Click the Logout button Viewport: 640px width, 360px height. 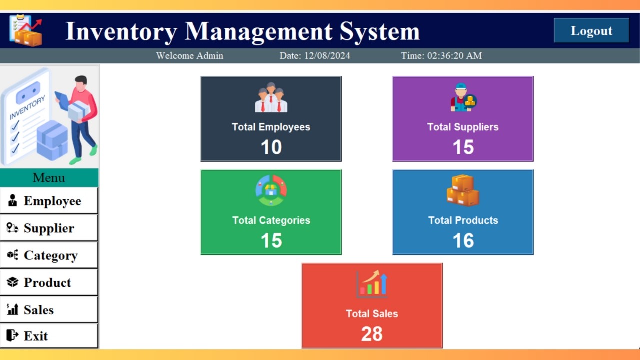591,31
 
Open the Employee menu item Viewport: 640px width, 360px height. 49,201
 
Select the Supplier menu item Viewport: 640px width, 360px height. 49,228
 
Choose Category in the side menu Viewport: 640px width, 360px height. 49,255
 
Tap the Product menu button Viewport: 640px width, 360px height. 49,283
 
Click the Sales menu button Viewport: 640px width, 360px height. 49,310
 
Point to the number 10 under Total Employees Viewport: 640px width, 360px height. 271,147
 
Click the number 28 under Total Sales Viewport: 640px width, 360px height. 372,334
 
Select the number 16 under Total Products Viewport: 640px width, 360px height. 463,241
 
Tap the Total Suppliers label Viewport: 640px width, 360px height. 463,127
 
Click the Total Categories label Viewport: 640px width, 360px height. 271,220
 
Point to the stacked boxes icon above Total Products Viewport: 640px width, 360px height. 463,190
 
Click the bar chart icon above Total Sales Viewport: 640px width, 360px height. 372,284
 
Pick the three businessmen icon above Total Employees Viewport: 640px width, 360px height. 271,98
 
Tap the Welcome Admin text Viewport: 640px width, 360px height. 190,56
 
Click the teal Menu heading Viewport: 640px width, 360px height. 49,178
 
